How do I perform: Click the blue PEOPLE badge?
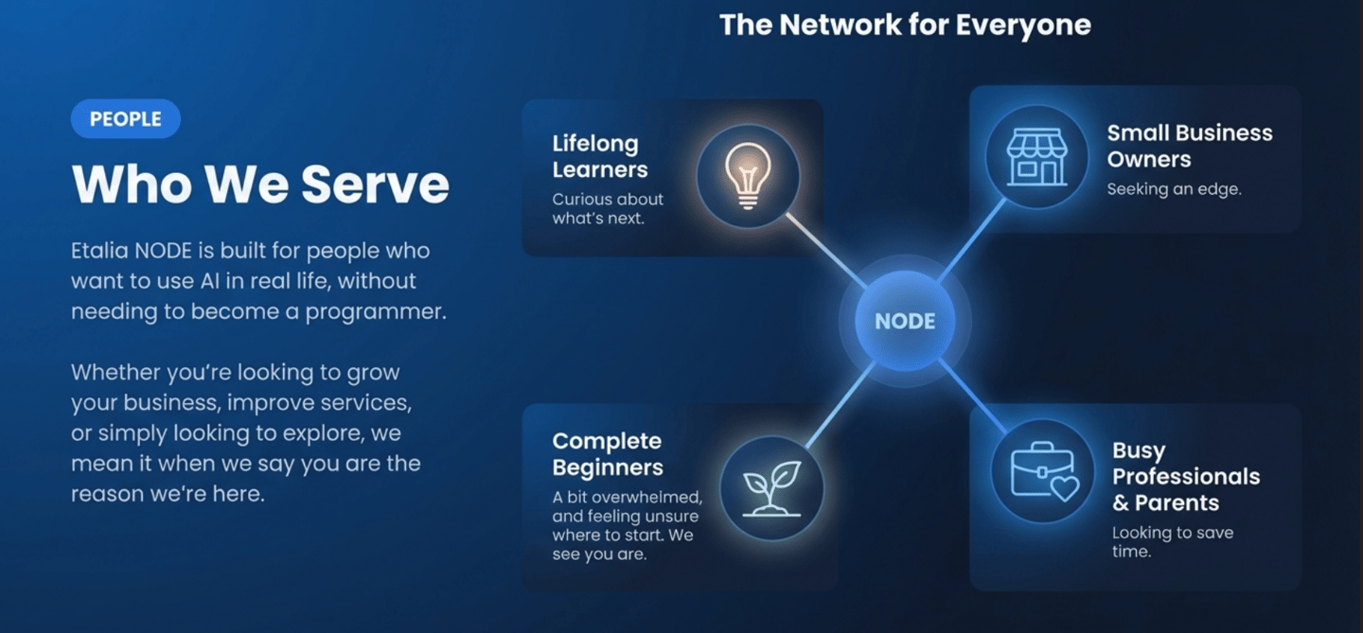pos(125,119)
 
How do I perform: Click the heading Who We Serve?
pos(260,184)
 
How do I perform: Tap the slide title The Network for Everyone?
pos(905,25)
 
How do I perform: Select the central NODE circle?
pos(905,321)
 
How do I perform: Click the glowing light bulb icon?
pos(748,175)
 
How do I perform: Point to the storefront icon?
pos(1036,157)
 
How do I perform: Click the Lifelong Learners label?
pos(600,157)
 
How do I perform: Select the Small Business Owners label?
pos(1189,146)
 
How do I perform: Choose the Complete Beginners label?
pos(608,454)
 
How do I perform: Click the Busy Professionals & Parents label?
pos(1186,477)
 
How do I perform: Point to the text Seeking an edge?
pos(1174,189)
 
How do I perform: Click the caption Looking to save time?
pos(1172,541)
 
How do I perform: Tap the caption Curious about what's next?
pos(608,208)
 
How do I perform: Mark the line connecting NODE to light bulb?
pos(825,251)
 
